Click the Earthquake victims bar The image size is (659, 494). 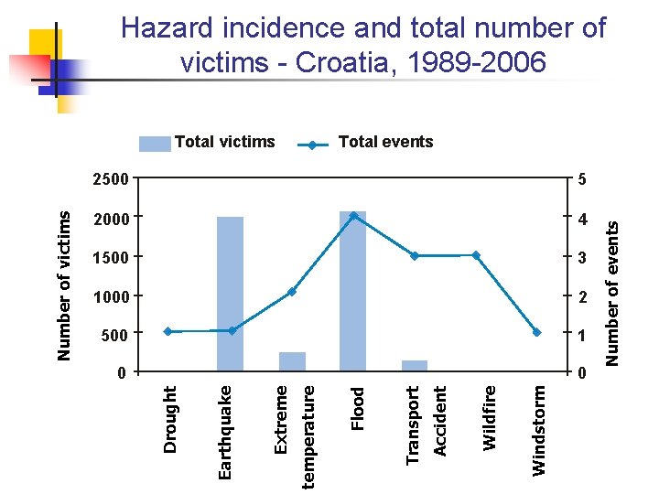[x=230, y=293]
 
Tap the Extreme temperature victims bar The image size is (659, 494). [x=292, y=362]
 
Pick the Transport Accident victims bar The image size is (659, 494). [x=414, y=366]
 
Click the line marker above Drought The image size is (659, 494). [x=167, y=331]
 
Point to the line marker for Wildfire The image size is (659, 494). [x=476, y=255]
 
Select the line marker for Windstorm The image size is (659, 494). [x=537, y=332]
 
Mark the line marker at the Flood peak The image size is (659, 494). [x=353, y=216]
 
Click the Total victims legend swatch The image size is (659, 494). [x=155, y=143]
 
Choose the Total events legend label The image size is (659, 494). [x=385, y=142]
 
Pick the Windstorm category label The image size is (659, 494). [x=539, y=429]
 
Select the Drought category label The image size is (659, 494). [x=169, y=418]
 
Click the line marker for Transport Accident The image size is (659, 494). [x=415, y=256]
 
